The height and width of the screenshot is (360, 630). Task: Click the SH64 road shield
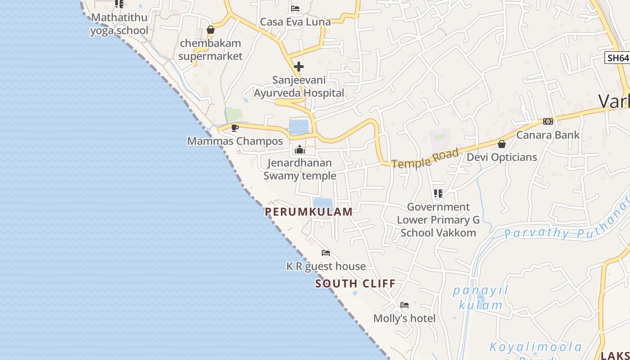tap(617, 58)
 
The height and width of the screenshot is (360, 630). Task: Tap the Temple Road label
tap(425, 158)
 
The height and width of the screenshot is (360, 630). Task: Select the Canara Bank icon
tap(548, 121)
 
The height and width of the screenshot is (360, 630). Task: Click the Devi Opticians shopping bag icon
tap(502, 144)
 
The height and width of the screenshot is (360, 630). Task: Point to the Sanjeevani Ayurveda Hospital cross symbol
tap(298, 67)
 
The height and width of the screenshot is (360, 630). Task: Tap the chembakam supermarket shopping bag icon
tap(210, 30)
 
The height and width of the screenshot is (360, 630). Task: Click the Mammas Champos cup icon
tap(234, 128)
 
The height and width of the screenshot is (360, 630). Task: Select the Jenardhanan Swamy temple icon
tap(300, 149)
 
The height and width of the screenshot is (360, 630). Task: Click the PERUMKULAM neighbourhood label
tap(309, 212)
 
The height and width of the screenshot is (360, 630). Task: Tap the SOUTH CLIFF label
tap(355, 284)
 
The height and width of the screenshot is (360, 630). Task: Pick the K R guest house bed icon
tap(326, 253)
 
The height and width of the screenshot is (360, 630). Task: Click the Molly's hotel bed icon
tap(405, 305)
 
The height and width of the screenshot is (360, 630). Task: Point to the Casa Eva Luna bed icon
tap(295, 9)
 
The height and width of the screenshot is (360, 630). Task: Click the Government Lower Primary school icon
tap(438, 193)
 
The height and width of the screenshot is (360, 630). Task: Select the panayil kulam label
tap(481, 297)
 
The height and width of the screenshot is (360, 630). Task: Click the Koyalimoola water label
tap(535, 348)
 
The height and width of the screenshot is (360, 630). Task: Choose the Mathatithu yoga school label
tap(119, 24)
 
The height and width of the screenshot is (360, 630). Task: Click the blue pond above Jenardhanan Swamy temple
tap(299, 127)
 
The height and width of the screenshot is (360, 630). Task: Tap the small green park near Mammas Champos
tap(234, 115)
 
